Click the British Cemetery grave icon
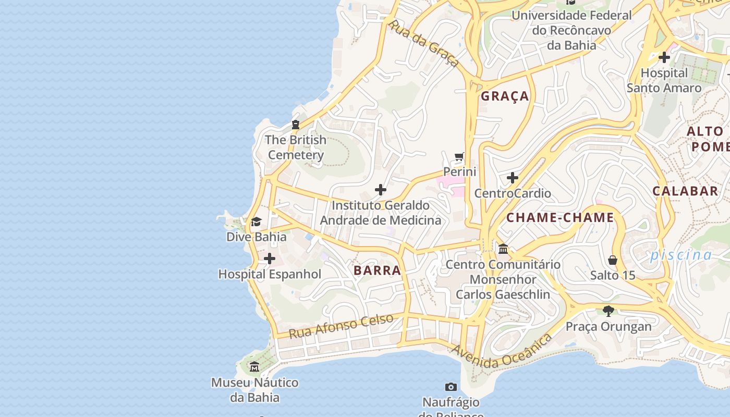[x=296, y=125]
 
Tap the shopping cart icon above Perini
[x=459, y=156]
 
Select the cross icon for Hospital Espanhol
[x=270, y=259]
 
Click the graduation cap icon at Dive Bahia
[x=256, y=222]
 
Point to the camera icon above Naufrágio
[x=451, y=387]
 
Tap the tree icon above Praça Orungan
[x=608, y=311]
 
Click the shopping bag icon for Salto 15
[x=613, y=260]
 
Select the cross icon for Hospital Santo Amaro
[x=664, y=57]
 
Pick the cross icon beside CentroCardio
[x=513, y=178]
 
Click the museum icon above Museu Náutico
[x=254, y=367]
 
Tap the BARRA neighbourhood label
[x=378, y=271]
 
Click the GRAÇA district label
[x=505, y=96]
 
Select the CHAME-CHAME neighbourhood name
[x=561, y=218]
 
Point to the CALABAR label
[x=685, y=191]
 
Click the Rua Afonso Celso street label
[x=341, y=326]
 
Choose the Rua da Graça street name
[x=423, y=44]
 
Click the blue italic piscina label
[x=680, y=255]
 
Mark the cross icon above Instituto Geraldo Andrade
[x=381, y=190]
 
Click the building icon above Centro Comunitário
[x=503, y=249]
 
